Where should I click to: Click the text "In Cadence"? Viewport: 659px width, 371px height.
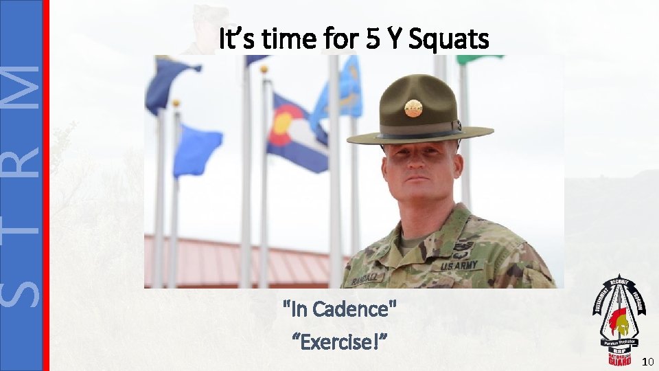pos(340,310)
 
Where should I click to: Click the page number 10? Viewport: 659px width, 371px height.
pos(647,361)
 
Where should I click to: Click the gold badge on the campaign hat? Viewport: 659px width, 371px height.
pos(413,108)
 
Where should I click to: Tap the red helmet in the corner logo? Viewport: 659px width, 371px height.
pos(621,321)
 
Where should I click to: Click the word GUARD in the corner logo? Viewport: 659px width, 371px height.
pos(621,360)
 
